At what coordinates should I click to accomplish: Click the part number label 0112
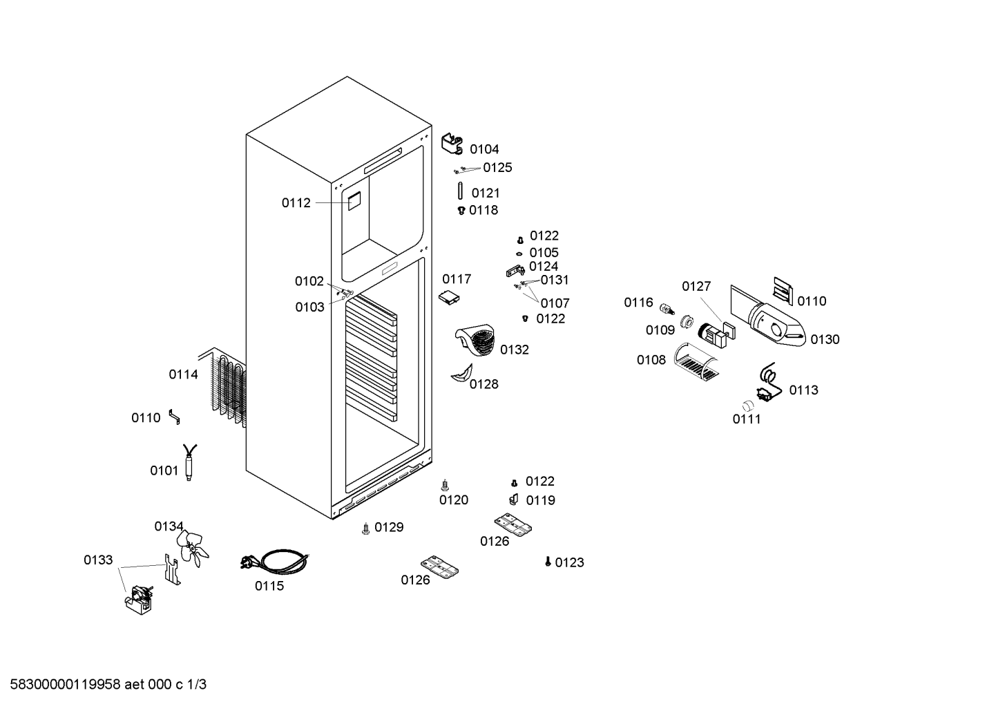[296, 203]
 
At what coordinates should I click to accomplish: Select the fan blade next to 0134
[192, 549]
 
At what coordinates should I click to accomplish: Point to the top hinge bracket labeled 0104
[452, 144]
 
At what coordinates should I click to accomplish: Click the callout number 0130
[825, 339]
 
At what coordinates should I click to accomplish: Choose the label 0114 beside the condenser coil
[183, 374]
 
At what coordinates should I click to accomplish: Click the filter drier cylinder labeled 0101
[189, 462]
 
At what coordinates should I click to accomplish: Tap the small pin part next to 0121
[460, 191]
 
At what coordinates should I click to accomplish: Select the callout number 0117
[457, 279]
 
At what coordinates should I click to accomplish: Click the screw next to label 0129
[366, 529]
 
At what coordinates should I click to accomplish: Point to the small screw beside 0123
[548, 562]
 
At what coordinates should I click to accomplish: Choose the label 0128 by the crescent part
[483, 384]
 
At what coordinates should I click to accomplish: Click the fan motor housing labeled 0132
[475, 340]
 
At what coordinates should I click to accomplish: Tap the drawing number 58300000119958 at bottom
[66, 685]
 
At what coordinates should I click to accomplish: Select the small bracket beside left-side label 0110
[174, 417]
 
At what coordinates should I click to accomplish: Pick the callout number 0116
[638, 303]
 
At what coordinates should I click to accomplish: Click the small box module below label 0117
[449, 298]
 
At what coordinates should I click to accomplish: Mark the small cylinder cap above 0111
[748, 405]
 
